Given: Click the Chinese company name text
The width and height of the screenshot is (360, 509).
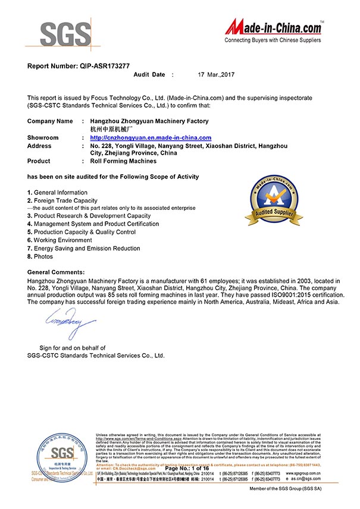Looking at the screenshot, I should [111, 129].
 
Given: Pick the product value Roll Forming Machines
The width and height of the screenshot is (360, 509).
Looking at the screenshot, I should [123, 161].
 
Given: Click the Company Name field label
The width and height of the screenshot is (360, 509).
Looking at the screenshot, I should [50, 121].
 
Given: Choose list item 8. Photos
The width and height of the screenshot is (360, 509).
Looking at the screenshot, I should [40, 256].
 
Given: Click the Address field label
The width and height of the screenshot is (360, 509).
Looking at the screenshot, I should [39, 146].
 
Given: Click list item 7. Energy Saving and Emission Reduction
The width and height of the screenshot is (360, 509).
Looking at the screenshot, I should [84, 248].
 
